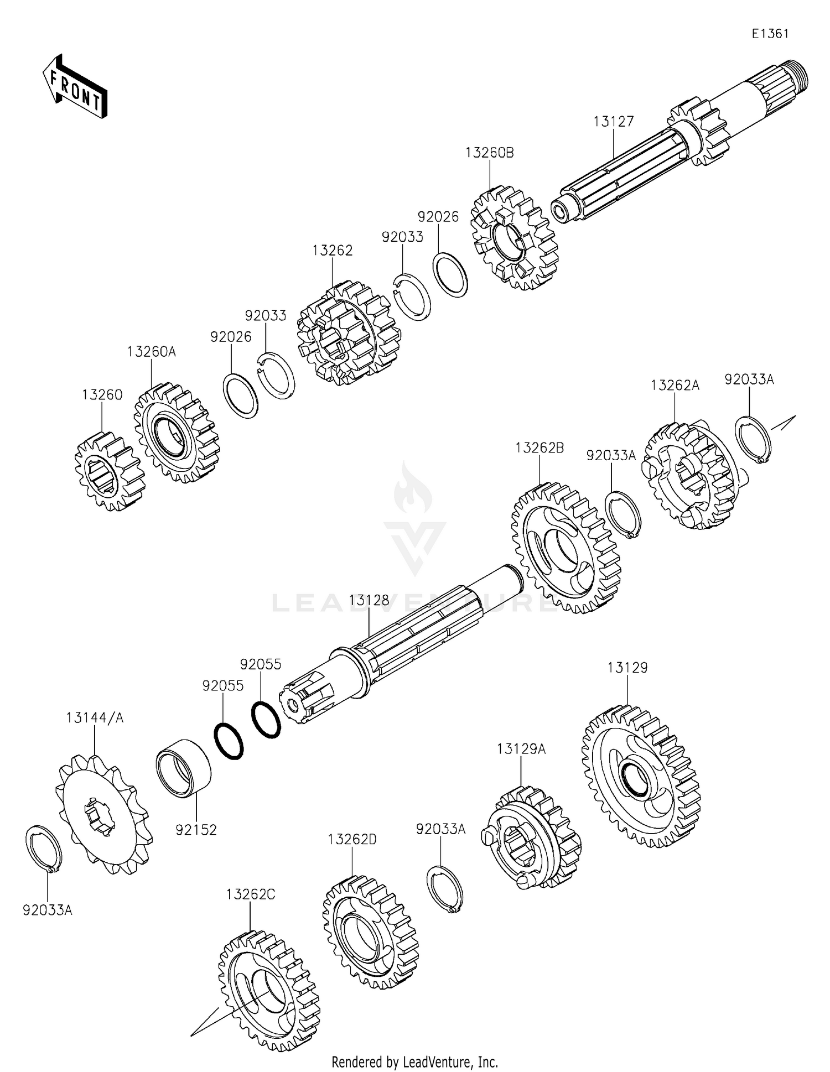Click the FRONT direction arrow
pyautogui.click(x=75, y=87)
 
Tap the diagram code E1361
pyautogui.click(x=770, y=34)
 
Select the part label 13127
pyautogui.click(x=614, y=122)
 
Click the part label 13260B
pyautogui.click(x=490, y=153)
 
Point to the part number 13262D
pyautogui.click(x=352, y=839)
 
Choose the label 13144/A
pyautogui.click(x=95, y=718)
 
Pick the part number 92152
pyautogui.click(x=196, y=830)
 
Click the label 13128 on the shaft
pyautogui.click(x=369, y=600)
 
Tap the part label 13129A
pyautogui.click(x=521, y=749)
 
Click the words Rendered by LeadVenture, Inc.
pyautogui.click(x=414, y=1061)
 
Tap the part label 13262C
pyautogui.click(x=251, y=894)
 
